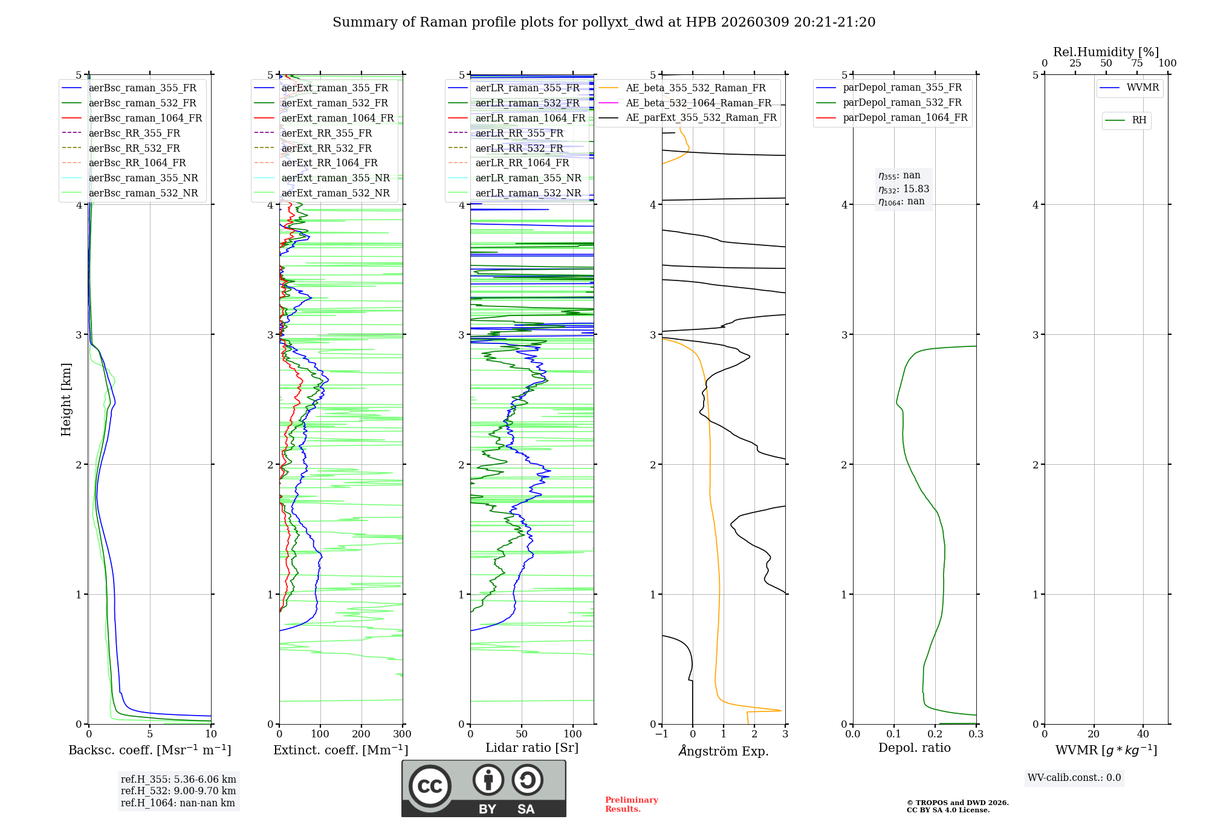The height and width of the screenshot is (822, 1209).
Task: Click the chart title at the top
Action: point(604,22)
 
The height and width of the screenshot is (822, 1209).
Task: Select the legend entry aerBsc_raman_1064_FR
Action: point(145,118)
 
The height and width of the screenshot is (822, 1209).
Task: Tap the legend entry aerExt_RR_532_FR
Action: point(326,148)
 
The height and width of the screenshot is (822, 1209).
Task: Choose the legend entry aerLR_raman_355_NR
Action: point(528,178)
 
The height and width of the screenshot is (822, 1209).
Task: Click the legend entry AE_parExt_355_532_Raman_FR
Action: point(701,117)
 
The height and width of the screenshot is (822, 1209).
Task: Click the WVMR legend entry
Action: point(1143,88)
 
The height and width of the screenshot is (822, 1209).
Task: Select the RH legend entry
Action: point(1139,120)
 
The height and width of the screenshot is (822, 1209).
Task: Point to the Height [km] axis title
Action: point(66,400)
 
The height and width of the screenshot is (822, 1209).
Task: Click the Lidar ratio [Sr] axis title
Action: point(531,748)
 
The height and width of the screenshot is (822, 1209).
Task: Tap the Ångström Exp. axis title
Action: point(723,751)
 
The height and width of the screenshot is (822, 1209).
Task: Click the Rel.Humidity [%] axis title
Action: point(1106,52)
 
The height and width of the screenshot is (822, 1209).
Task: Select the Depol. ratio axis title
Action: point(914,748)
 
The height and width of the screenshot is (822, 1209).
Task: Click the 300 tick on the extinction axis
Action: point(402,734)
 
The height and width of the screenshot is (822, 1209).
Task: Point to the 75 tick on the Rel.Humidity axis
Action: point(1136,63)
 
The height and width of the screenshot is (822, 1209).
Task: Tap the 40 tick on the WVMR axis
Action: point(1143,734)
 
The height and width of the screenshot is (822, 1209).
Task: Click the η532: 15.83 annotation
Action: point(904,189)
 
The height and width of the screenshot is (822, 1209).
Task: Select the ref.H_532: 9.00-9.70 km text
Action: point(178,791)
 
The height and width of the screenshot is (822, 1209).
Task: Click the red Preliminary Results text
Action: point(631,804)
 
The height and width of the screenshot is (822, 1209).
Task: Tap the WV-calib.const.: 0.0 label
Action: point(1074,778)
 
